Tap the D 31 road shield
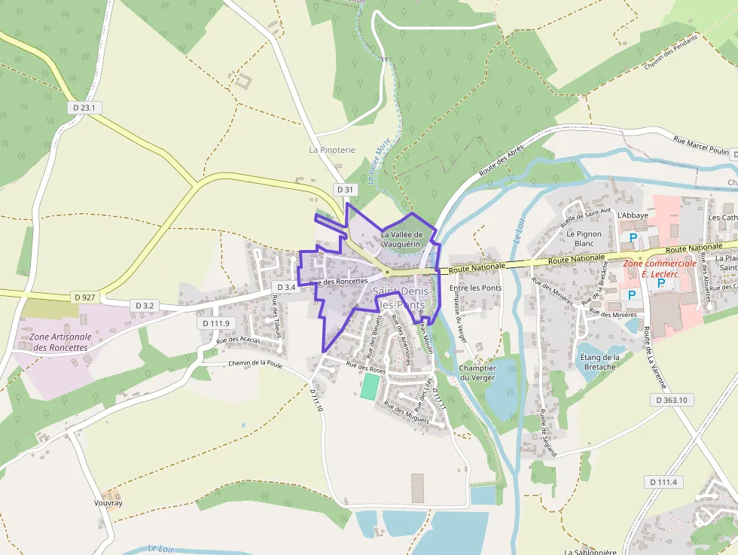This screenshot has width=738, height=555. [345, 189]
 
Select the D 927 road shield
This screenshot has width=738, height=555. [85, 297]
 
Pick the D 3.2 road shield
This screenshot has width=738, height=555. [145, 306]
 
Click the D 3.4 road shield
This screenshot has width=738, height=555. [286, 287]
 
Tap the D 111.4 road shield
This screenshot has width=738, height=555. [663, 482]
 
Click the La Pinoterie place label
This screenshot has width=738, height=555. [331, 150]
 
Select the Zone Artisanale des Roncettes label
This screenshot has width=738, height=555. [60, 342]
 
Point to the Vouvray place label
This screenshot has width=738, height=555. [108, 503]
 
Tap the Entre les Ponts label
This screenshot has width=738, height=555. [475, 288]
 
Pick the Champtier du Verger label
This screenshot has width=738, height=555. [477, 373]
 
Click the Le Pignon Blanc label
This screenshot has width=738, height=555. [584, 239]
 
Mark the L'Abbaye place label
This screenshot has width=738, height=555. [632, 215]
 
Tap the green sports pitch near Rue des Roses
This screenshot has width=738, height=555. [370, 387]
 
